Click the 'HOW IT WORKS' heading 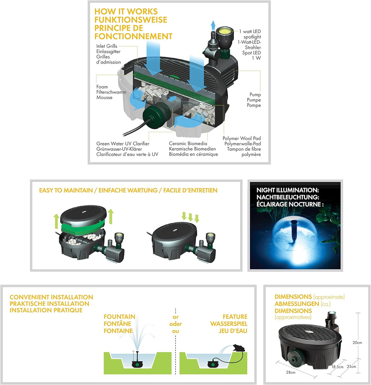[126, 12]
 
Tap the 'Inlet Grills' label [106, 46]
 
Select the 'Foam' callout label [102, 87]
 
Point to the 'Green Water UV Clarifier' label [123, 144]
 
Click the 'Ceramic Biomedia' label [188, 144]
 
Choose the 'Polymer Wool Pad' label [241, 138]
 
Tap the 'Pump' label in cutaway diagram [255, 94]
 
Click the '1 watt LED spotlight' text [250, 34]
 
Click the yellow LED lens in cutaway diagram [224, 31]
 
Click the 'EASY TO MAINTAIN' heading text [66, 190]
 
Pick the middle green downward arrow [190, 217]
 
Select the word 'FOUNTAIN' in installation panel [119, 317]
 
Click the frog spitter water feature [238, 348]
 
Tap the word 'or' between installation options [176, 317]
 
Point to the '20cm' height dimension [357, 342]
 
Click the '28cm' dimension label [291, 372]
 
